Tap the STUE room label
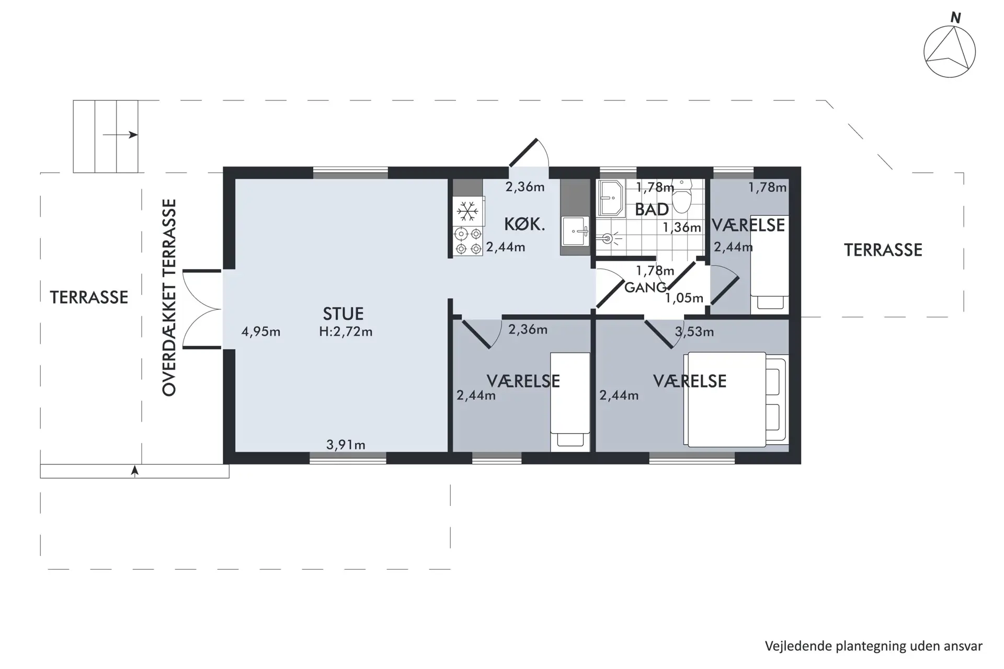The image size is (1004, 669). [x=343, y=314]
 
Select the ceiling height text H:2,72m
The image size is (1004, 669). [x=346, y=332]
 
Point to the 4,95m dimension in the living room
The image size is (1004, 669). [x=261, y=332]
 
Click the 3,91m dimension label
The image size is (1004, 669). [x=346, y=445]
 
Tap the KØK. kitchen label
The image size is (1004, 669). [x=524, y=225]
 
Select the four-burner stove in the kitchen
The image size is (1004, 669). [x=468, y=241]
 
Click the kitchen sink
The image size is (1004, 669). [x=575, y=230]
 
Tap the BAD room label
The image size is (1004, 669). [x=652, y=210]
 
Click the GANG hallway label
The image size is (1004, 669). [x=645, y=287]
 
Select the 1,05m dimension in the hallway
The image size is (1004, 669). [x=684, y=298]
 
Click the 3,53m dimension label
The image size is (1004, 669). [x=694, y=332]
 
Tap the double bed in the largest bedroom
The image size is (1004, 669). [x=735, y=400]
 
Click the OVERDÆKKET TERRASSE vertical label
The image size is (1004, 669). [x=169, y=297]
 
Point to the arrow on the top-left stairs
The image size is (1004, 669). [x=120, y=135]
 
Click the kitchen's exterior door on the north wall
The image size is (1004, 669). [x=529, y=154]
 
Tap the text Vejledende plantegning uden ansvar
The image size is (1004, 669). [x=874, y=646]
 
